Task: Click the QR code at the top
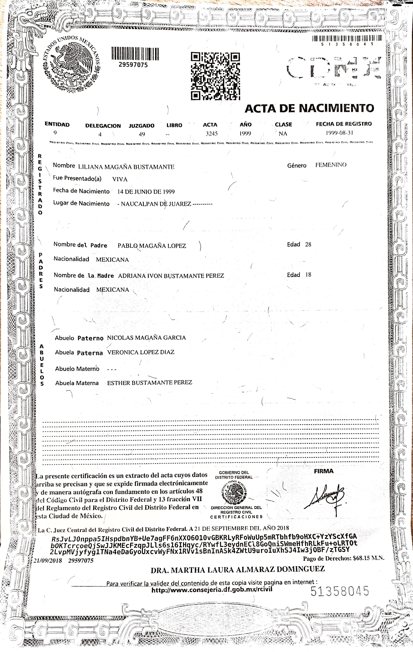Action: tap(215, 76)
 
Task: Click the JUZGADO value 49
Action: tap(142, 134)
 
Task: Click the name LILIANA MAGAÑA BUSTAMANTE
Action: tap(126, 167)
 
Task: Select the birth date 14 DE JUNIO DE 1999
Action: tap(146, 192)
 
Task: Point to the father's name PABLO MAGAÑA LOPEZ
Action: tap(152, 246)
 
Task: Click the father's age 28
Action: tap(308, 244)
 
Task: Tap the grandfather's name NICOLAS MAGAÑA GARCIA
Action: tap(147, 338)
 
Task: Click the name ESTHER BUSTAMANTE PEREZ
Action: tap(150, 383)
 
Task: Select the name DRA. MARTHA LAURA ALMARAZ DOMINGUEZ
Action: tap(237, 569)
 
